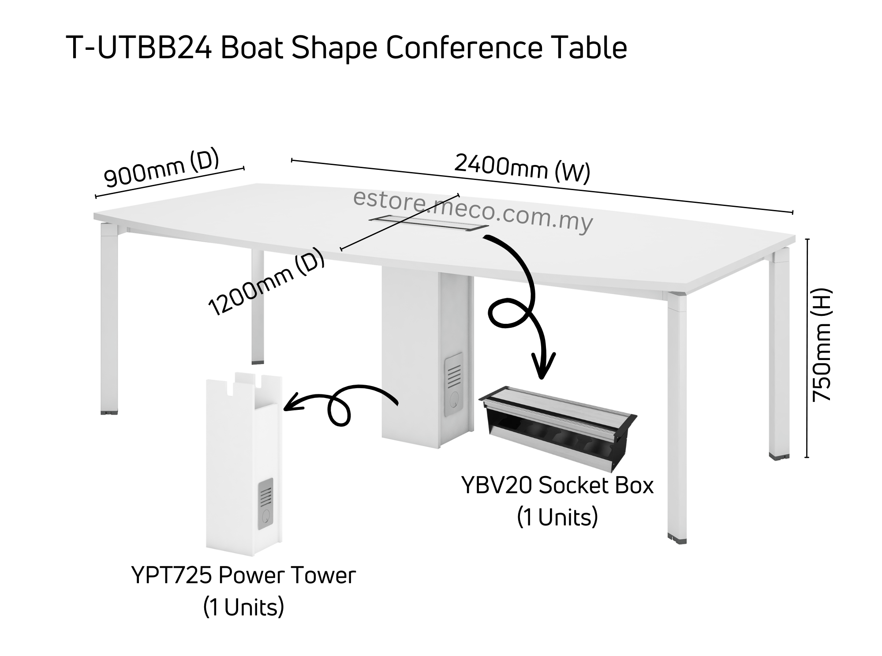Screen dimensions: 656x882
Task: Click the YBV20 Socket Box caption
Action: pyautogui.click(x=557, y=486)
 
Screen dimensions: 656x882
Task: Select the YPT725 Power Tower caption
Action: pyautogui.click(x=243, y=575)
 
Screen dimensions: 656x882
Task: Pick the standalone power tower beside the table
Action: pyautogui.click(x=244, y=463)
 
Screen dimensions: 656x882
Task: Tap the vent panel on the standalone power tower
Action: pyautogui.click(x=265, y=503)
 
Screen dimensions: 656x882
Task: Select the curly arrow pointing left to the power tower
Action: pyautogui.click(x=340, y=406)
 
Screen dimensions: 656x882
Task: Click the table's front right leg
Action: pyautogui.click(x=676, y=419)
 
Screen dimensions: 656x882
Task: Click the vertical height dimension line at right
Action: pyautogui.click(x=807, y=349)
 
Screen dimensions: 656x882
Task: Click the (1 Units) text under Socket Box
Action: pyautogui.click(x=557, y=517)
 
